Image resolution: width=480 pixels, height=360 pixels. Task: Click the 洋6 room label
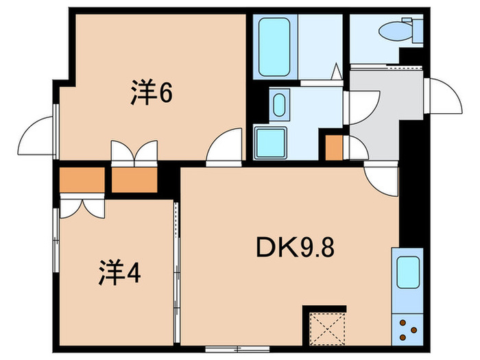pos(151,93)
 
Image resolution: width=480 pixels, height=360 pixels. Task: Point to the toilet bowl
pos(396,31)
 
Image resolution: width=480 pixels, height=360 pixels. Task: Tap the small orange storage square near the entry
pos(334,148)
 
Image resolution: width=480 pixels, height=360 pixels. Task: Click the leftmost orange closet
pos(81,179)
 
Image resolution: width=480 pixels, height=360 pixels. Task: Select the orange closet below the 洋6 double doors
pos(134,179)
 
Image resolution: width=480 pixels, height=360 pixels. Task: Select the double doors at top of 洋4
pos(82,207)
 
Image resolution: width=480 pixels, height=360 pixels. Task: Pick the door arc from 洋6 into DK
pos(225,147)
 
